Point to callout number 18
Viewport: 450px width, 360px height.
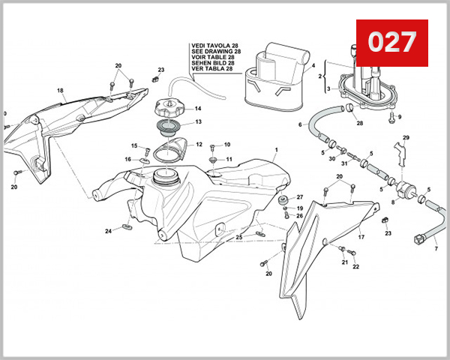pyautogui.click(x=60, y=91)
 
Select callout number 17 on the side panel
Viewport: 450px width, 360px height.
pyautogui.click(x=361, y=237)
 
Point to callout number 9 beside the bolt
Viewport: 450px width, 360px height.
pyautogui.click(x=400, y=117)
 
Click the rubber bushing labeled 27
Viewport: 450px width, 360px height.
pyautogui.click(x=285, y=200)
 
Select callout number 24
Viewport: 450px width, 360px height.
pyautogui.click(x=108, y=231)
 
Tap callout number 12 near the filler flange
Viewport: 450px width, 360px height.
pyautogui.click(x=199, y=144)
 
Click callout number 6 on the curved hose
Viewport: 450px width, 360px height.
pyautogui.click(x=301, y=124)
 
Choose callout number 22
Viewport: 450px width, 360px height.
pyautogui.click(x=355, y=266)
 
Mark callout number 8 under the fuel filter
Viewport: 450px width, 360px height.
pyautogui.click(x=392, y=202)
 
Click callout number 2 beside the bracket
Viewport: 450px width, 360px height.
pyautogui.click(x=319, y=76)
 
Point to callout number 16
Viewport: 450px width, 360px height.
pyautogui.click(x=128, y=159)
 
